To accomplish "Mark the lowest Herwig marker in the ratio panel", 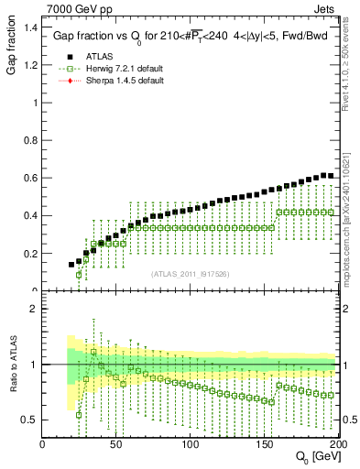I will tap(79, 414).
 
